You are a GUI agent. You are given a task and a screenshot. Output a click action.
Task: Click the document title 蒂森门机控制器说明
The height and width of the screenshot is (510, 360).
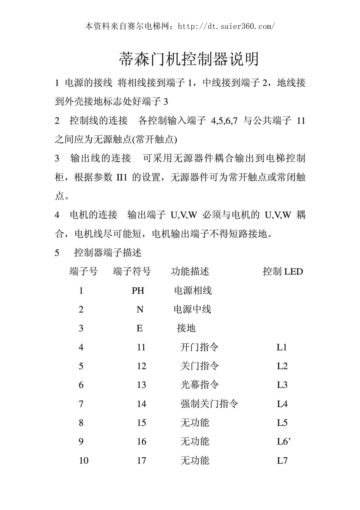pos(189,59)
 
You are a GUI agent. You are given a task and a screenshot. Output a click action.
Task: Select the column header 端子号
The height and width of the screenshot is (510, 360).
pos(83,271)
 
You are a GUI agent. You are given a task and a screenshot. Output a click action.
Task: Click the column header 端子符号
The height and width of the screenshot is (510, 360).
pos(132,271)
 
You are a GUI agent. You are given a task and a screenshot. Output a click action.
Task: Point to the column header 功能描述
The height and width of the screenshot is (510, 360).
pos(190,271)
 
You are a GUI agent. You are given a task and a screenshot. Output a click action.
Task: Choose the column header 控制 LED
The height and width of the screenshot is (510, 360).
pos(283,271)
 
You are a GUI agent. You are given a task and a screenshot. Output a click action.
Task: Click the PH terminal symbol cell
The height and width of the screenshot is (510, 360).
pos(138,291)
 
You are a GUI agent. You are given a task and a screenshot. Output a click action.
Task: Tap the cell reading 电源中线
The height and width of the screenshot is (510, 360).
pos(192,309)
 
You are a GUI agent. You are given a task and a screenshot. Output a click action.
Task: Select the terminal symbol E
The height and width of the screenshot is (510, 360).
pos(139,328)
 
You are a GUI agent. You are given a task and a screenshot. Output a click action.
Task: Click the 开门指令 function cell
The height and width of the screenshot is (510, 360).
pos(199,347)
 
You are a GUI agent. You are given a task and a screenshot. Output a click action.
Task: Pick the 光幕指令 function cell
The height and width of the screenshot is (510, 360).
pos(199,385)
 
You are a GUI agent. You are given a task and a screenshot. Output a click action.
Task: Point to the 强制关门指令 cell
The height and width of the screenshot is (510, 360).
pos(209,404)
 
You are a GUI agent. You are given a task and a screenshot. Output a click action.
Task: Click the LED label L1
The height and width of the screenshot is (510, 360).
pos(282,347)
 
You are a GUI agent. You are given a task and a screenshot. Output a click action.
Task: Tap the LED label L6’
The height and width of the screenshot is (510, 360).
pos(283,441)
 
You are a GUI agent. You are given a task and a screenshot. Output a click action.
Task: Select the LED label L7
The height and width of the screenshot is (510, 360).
pos(282,461)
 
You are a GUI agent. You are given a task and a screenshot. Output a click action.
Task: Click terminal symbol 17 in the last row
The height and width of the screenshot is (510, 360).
pos(141,461)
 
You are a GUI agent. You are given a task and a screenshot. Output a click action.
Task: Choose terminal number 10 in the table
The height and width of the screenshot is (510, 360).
pos(83,461)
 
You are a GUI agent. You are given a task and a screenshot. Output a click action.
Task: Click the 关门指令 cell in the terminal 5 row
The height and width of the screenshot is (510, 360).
pos(199,366)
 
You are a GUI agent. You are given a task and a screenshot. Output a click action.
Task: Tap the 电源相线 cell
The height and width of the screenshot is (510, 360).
pos(193,291)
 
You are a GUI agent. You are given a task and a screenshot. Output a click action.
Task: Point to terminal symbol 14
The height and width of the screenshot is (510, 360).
pos(141,404)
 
